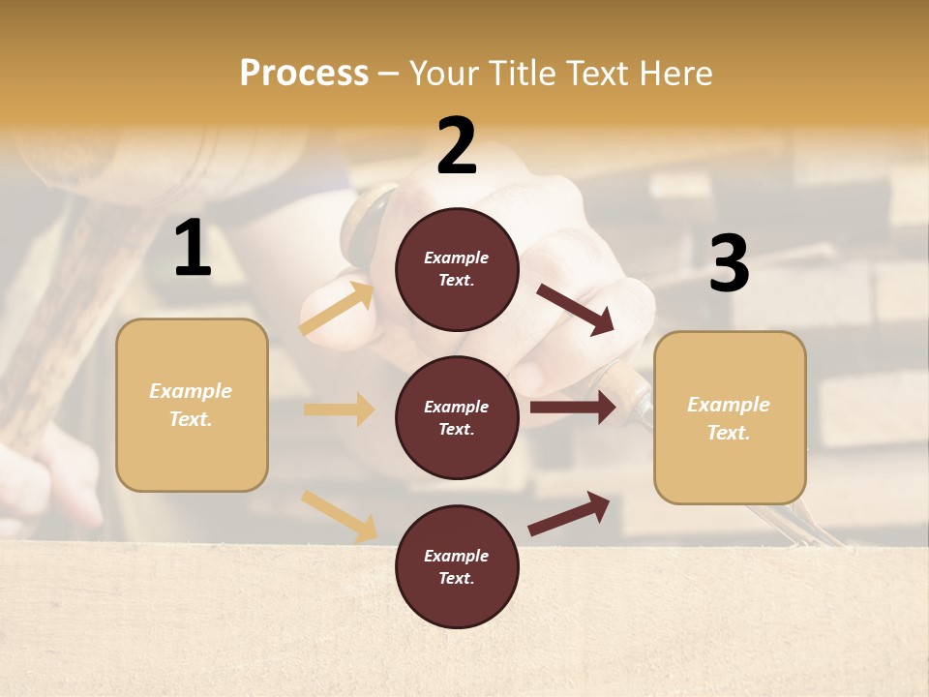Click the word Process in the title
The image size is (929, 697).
304,74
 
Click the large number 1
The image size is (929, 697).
193,249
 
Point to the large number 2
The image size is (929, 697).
457,146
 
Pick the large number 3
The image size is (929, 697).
729,264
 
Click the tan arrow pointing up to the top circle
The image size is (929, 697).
338,309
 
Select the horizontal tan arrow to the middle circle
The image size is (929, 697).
339,409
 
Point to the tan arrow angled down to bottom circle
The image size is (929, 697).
340,515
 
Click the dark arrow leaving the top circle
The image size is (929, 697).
575,309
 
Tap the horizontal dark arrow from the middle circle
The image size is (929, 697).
573,408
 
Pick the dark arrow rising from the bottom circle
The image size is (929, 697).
570,513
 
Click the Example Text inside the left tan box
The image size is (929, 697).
191,405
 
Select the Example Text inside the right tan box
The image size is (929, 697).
729,418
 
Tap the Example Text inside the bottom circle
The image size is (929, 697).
456,566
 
